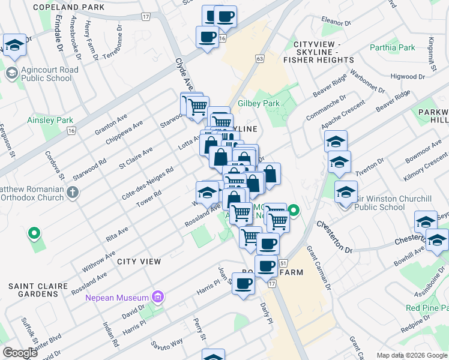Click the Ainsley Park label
tap(50, 120)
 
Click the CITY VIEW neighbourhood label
tap(139, 262)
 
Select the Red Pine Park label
tap(426, 308)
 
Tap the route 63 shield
tap(259, 59)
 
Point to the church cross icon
tap(73, 193)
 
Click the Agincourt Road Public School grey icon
tap(11, 73)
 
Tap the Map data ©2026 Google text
tap(411, 355)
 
